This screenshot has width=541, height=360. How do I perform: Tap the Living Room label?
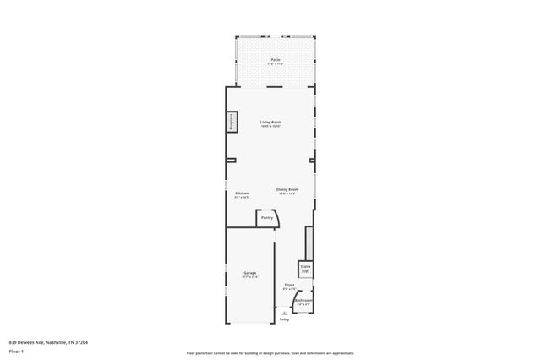point(270,122)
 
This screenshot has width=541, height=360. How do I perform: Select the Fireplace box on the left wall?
point(230,122)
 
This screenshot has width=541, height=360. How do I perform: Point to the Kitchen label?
point(242,194)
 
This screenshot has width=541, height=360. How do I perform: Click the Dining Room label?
point(288,189)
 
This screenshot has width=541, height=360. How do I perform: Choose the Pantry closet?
point(267,218)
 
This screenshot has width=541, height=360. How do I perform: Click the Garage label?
point(250,273)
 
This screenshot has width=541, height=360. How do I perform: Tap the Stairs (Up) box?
point(305,268)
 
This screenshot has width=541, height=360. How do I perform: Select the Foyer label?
point(289,286)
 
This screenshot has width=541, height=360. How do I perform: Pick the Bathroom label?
point(304,301)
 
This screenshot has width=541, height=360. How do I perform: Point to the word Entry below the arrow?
point(284,319)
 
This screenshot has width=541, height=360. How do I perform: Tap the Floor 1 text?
point(16,351)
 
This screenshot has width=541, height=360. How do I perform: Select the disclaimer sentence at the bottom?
point(270,353)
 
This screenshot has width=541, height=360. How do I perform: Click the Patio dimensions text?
point(276,64)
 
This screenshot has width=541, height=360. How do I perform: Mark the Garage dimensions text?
point(250,277)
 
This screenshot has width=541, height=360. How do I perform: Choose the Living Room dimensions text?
point(270,127)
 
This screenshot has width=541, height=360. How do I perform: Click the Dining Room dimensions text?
point(288,194)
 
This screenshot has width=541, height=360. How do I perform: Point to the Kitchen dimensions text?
point(242,198)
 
